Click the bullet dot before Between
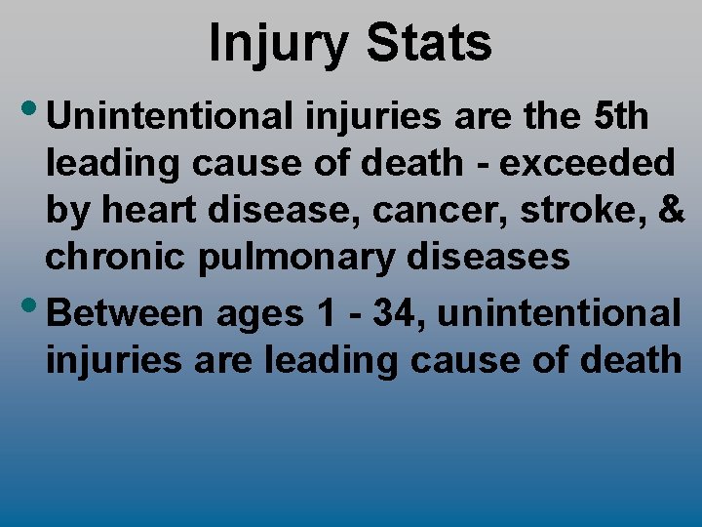pyautogui.click(x=30, y=306)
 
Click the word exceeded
pyautogui.click(x=588, y=163)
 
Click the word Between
pyautogui.click(x=125, y=313)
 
